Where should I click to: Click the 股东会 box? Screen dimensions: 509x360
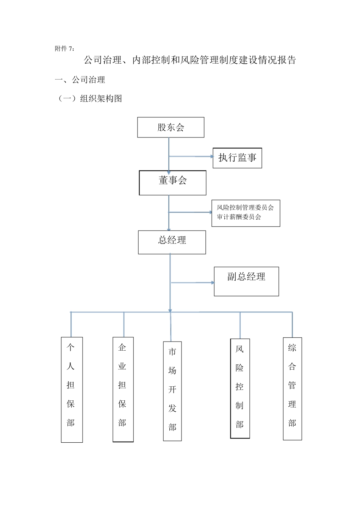pyautogui.click(x=171, y=127)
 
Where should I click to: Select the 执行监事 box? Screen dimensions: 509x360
pyautogui.click(x=237, y=158)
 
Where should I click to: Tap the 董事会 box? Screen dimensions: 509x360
pyautogui.click(x=172, y=183)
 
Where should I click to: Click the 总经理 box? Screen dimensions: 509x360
pyautogui.click(x=172, y=242)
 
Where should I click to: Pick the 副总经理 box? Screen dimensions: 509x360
pyautogui.click(x=246, y=281)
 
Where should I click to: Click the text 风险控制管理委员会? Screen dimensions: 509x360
pyautogui.click(x=245, y=208)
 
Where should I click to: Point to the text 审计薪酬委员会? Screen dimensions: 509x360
pyautogui.click(x=239, y=217)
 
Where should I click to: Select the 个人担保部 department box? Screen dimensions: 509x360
pyautogui.click(x=72, y=389)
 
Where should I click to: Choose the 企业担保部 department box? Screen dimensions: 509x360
pyautogui.click(x=123, y=389)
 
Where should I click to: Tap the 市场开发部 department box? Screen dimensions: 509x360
pyautogui.click(x=172, y=391)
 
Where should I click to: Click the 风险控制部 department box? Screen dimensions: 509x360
pyautogui.click(x=240, y=388)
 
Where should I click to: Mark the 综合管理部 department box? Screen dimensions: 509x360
pyautogui.click(x=292, y=389)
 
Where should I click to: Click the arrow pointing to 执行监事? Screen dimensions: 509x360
pyautogui.click(x=191, y=156)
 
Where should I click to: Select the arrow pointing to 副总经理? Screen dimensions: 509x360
pyautogui.click(x=193, y=283)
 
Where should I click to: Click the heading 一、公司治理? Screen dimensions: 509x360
pyautogui.click(x=80, y=80)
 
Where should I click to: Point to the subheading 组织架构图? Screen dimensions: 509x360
pyautogui.click(x=101, y=99)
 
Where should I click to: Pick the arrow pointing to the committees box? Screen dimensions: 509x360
pyautogui.click(x=190, y=212)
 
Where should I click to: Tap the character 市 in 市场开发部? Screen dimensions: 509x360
pyautogui.click(x=172, y=352)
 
